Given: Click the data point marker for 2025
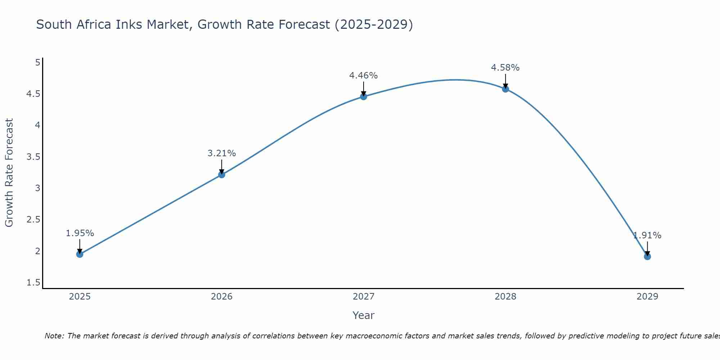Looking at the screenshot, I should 80,254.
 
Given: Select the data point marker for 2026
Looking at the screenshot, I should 221,175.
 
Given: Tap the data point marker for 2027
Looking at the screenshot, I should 363,96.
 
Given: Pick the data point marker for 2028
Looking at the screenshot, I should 505,89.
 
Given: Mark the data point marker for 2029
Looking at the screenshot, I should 647,256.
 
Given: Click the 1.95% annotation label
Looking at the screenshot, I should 80,233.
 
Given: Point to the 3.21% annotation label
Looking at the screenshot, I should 221,153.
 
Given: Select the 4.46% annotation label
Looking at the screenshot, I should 363,76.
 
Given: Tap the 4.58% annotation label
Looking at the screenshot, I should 505,68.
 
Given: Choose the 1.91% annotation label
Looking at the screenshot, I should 647,235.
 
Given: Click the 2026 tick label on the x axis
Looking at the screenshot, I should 221,297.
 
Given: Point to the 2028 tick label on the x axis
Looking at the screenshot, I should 505,297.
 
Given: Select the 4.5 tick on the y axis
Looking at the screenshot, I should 33,94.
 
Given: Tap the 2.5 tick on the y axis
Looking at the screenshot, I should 33,220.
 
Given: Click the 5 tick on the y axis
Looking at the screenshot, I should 37,63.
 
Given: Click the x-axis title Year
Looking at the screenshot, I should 363,315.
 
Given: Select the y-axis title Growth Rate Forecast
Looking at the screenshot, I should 9,173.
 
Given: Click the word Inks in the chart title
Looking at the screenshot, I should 130,24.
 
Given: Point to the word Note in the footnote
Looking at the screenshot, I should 54,336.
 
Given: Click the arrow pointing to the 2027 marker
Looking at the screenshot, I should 363,89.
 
